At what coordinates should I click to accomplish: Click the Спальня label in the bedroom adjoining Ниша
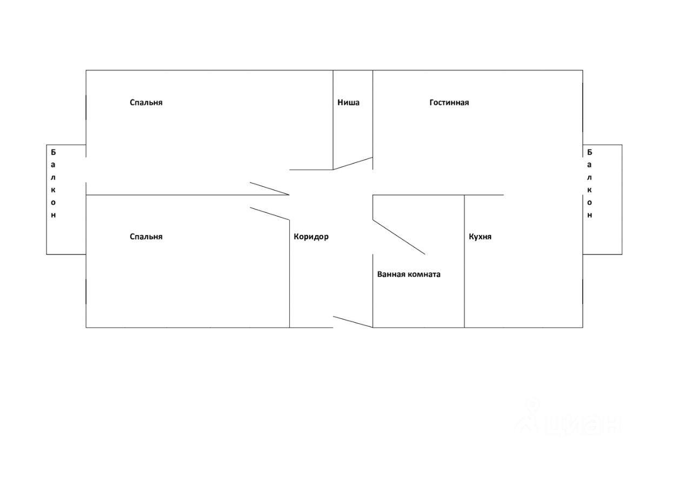click(x=146, y=102)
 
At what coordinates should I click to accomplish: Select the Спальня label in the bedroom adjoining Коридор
click(x=146, y=237)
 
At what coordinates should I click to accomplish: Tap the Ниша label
click(x=348, y=102)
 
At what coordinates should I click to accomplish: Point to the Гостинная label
click(x=449, y=102)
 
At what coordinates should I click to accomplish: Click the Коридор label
click(x=311, y=237)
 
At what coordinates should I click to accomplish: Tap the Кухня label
click(x=480, y=237)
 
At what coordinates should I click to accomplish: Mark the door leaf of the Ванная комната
click(x=399, y=237)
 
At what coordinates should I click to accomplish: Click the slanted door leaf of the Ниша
click(x=352, y=164)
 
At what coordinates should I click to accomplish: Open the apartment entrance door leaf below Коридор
click(x=352, y=322)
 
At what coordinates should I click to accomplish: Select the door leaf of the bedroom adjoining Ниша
click(x=269, y=188)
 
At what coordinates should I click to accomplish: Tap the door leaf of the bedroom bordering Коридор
click(x=269, y=213)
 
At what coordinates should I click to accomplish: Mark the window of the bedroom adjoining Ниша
click(x=86, y=107)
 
